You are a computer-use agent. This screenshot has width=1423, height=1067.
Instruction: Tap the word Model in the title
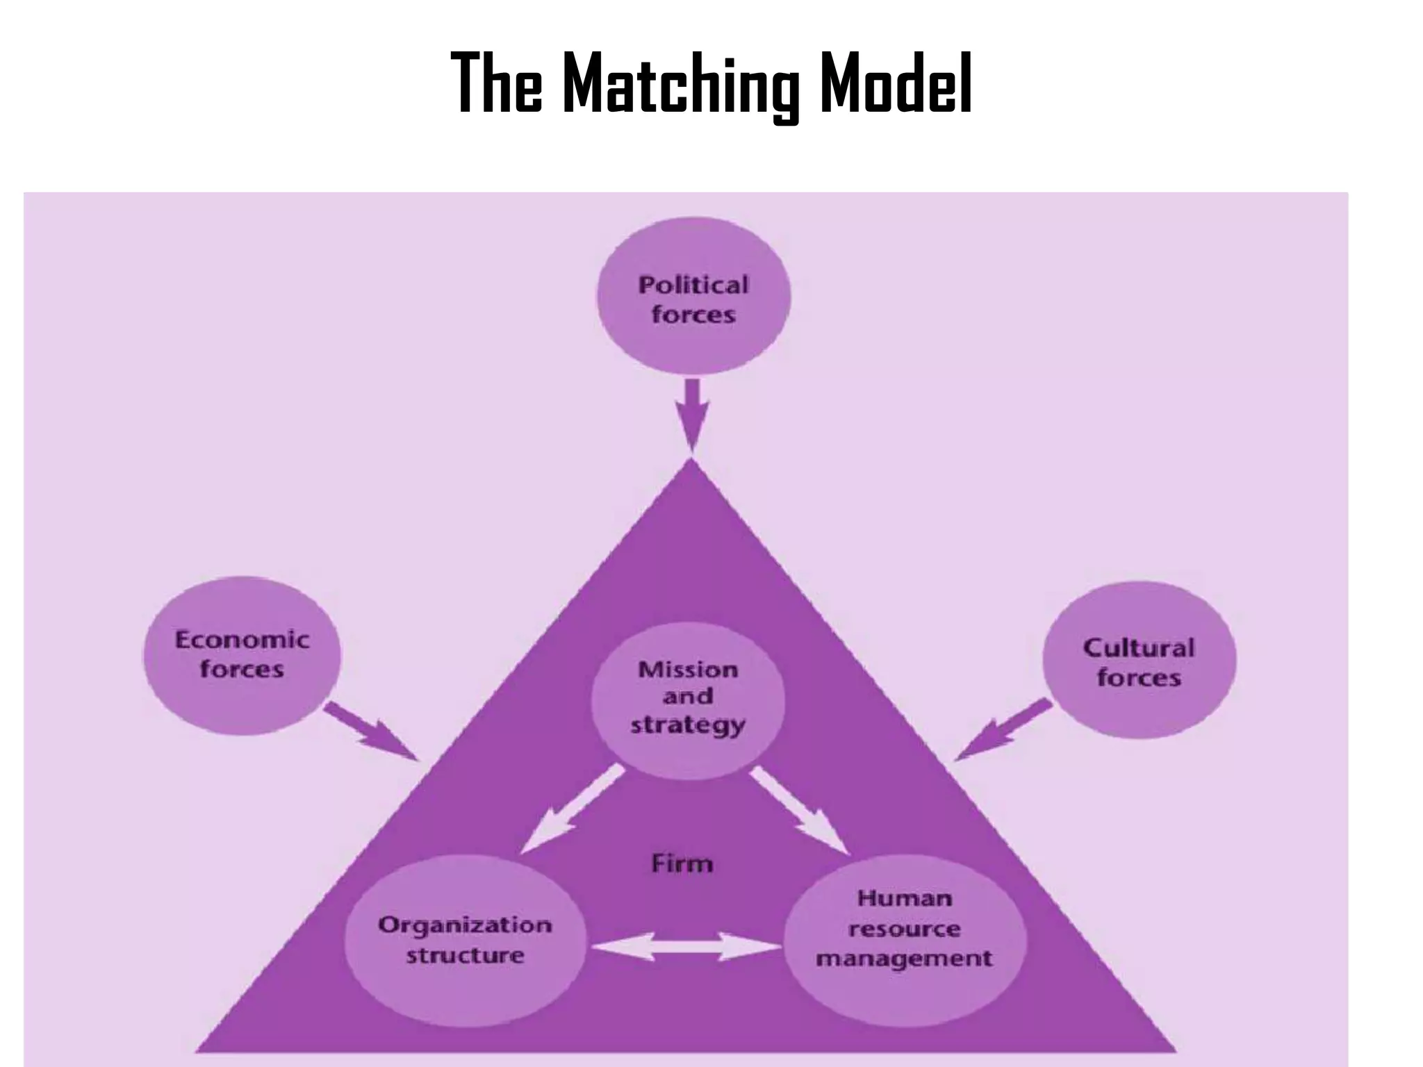(896, 83)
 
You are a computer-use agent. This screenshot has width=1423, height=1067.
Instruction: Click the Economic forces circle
(242, 655)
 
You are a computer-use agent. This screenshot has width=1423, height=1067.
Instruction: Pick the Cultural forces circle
(1140, 660)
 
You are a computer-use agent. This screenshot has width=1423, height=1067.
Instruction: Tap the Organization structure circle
(465, 940)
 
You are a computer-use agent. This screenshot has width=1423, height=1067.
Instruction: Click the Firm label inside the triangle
(682, 863)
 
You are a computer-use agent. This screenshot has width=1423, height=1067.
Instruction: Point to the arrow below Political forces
(692, 415)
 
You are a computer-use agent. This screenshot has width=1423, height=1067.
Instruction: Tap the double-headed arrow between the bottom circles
(686, 946)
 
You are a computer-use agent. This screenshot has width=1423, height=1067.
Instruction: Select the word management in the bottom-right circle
(905, 959)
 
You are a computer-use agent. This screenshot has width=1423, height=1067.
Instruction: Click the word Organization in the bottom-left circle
(465, 925)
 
